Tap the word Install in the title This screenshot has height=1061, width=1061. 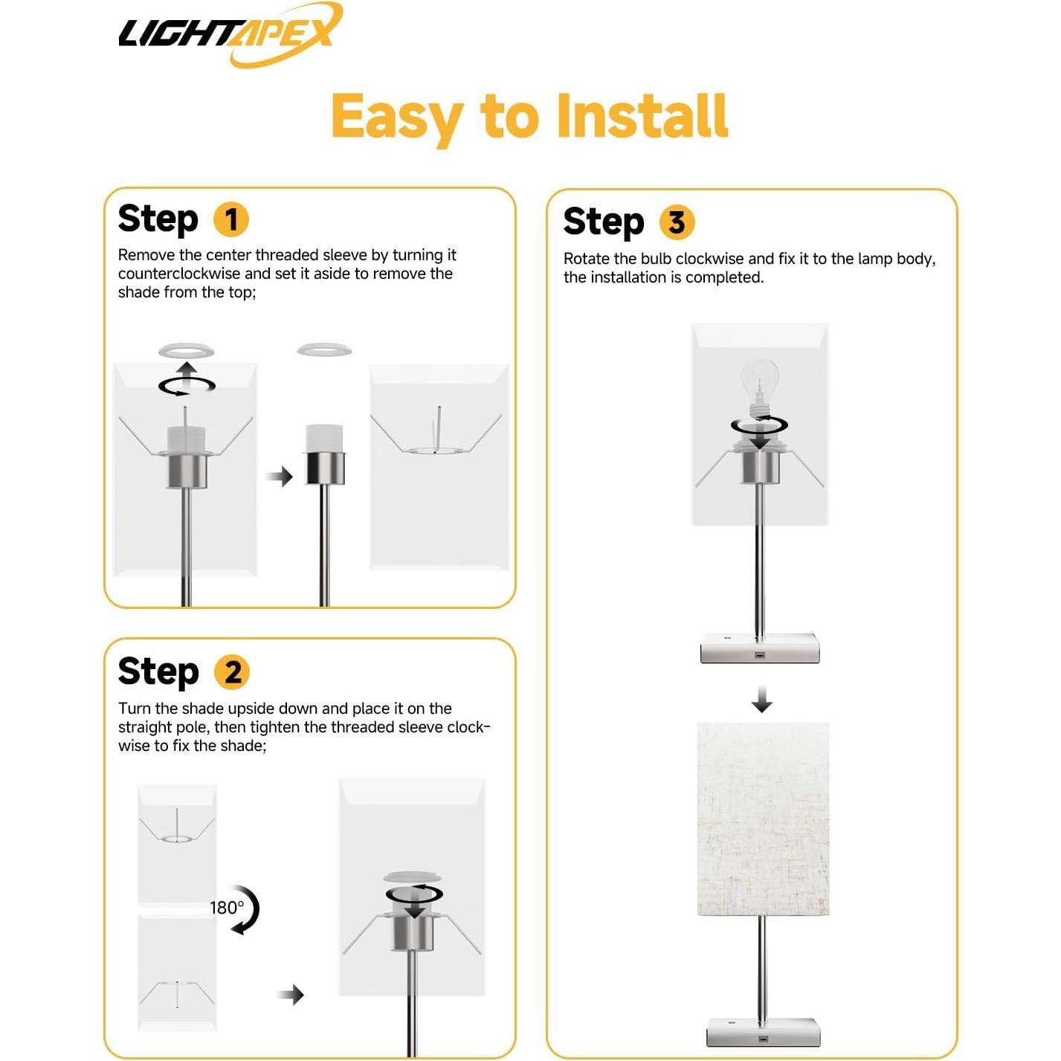click(642, 116)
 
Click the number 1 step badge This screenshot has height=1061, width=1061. click(230, 219)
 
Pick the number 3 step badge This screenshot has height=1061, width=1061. click(677, 222)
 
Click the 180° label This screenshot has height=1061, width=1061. click(226, 908)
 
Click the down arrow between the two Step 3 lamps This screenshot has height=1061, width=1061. click(761, 699)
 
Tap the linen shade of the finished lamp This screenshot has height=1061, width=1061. click(763, 819)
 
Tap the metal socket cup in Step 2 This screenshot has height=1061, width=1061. click(413, 929)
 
